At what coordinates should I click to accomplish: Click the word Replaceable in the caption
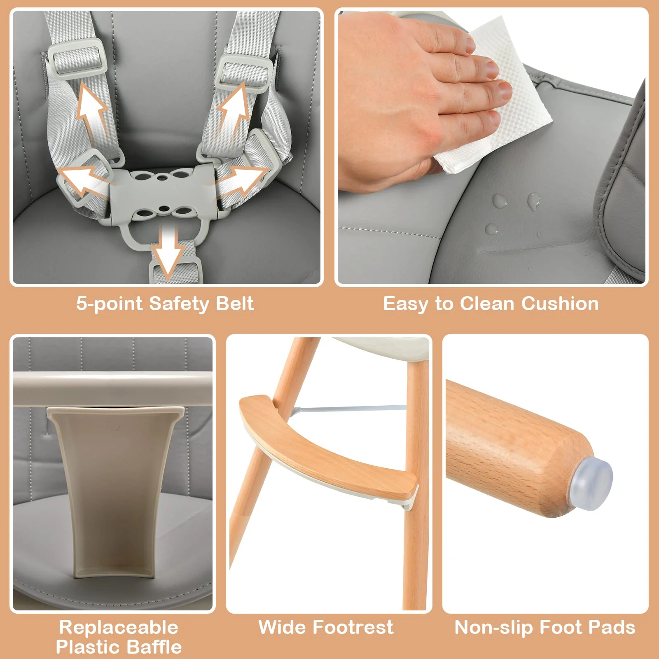point(119,627)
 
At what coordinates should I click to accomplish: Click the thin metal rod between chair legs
point(349,409)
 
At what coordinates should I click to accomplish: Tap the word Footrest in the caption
point(353,627)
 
